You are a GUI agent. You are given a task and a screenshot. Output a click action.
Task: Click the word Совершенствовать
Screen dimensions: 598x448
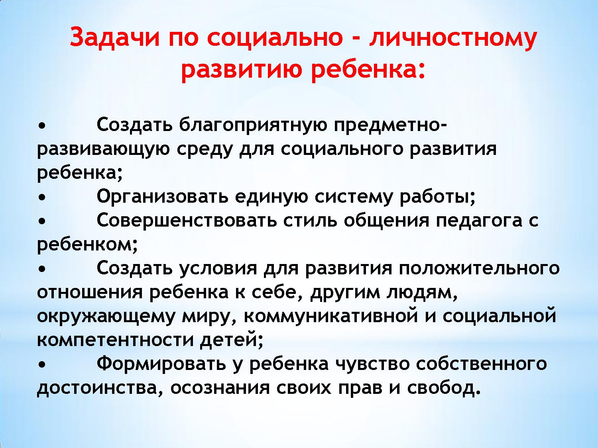pos(187,221)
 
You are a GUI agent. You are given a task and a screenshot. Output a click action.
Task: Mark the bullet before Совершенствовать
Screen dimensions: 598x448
pos(41,222)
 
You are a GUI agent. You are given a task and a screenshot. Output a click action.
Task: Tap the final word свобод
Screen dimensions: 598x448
pos(444,387)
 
